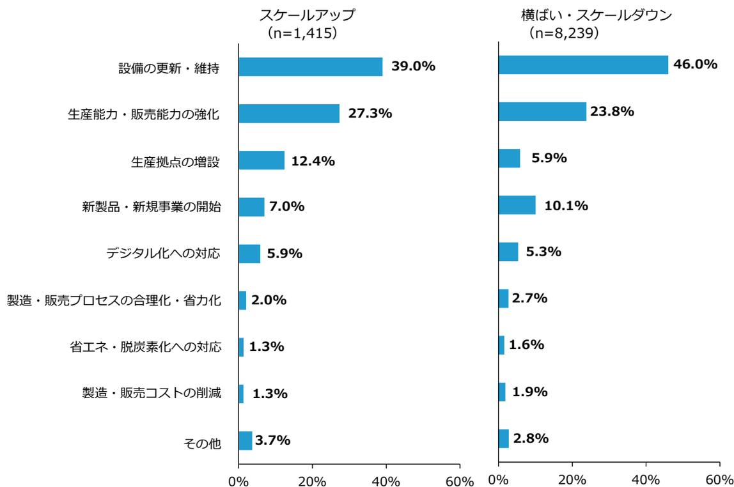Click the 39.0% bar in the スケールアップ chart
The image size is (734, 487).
(x=311, y=67)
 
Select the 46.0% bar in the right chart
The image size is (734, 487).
(x=583, y=65)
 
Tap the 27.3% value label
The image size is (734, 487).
(x=370, y=114)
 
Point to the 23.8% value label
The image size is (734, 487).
(x=613, y=111)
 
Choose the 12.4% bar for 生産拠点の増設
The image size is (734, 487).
(x=262, y=160)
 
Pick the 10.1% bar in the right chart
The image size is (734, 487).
(x=517, y=205)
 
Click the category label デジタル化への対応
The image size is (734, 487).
(x=164, y=254)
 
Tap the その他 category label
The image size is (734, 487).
(x=202, y=442)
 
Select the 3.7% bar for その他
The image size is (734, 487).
(x=246, y=441)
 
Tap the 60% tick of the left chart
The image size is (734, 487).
(x=460, y=480)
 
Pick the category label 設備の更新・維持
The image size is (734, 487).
(x=169, y=67)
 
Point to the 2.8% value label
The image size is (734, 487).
(x=530, y=438)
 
